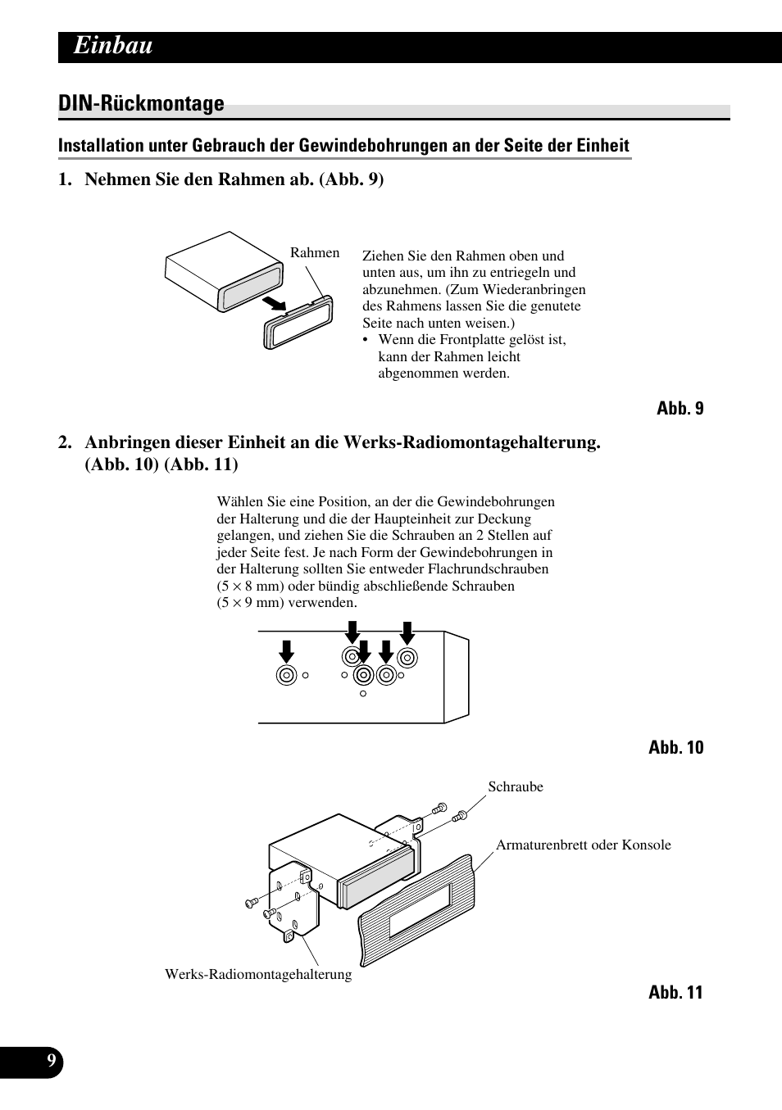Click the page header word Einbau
point(113,46)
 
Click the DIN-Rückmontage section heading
point(141,104)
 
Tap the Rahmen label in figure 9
point(314,253)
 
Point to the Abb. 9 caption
point(680,408)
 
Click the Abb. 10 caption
point(675,747)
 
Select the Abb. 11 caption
point(675,992)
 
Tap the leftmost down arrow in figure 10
point(286,652)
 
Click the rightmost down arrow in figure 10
point(407,632)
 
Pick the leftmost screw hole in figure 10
point(286,675)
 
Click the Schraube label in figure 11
point(516,786)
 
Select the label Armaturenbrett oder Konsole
point(583,845)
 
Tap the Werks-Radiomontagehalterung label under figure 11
point(258,974)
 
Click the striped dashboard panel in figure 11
point(416,909)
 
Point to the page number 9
point(52,1062)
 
